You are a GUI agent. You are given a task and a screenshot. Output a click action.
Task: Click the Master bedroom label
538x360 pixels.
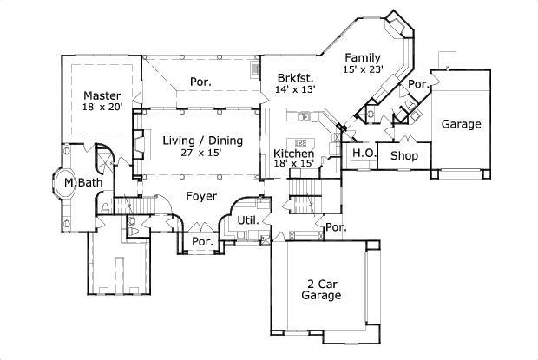102,95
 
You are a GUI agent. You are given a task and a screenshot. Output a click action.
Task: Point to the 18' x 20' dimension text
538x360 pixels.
102,108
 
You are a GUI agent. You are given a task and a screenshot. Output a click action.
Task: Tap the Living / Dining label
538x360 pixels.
203,141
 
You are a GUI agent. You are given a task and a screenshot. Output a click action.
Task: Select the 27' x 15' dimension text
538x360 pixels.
203,153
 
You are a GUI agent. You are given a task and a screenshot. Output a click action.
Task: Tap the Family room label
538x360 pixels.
363,57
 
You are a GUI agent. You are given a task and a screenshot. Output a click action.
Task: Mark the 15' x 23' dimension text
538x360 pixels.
363,70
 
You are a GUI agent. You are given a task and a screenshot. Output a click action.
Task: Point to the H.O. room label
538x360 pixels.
363,153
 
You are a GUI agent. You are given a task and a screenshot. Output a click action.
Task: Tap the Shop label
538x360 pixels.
403,156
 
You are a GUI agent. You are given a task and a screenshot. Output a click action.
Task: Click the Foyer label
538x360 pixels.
201,196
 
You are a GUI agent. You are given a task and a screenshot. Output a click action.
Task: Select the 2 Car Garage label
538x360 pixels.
321,288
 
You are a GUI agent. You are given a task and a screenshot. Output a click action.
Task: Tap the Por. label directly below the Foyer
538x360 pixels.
201,241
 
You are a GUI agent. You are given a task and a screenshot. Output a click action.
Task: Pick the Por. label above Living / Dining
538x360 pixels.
201,82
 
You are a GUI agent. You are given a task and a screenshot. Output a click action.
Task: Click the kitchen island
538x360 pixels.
301,141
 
